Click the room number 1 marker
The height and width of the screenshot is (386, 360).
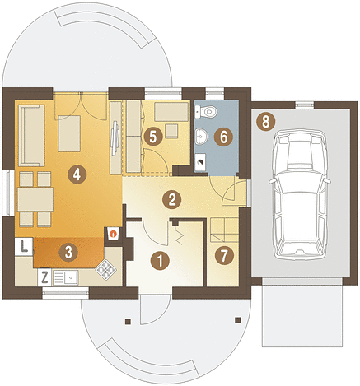[x=161, y=260]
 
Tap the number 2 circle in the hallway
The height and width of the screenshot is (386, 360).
[x=171, y=199]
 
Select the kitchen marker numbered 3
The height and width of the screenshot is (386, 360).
[x=68, y=252]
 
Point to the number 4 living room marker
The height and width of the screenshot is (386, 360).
[x=77, y=174]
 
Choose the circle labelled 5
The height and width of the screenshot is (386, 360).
[x=153, y=137]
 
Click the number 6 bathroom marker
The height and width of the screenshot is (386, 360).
[x=223, y=137]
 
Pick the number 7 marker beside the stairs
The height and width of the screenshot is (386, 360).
[x=224, y=256]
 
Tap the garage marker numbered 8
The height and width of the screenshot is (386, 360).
[x=265, y=121]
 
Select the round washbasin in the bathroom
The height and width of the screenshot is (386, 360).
[x=201, y=136]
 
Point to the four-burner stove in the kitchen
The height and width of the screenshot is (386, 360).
[x=105, y=269]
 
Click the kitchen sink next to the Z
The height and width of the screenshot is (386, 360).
[x=66, y=277]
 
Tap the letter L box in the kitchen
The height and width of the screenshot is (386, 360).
[x=24, y=246]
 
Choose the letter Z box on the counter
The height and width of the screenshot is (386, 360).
[x=44, y=277]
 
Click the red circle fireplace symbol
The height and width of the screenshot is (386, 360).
[x=112, y=234]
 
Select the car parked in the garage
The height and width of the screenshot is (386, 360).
[x=301, y=194]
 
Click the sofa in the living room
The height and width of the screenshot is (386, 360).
[x=31, y=135]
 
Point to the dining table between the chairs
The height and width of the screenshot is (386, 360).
[x=35, y=199]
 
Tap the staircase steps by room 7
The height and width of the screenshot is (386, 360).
[x=224, y=230]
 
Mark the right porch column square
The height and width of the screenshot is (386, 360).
[x=238, y=320]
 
